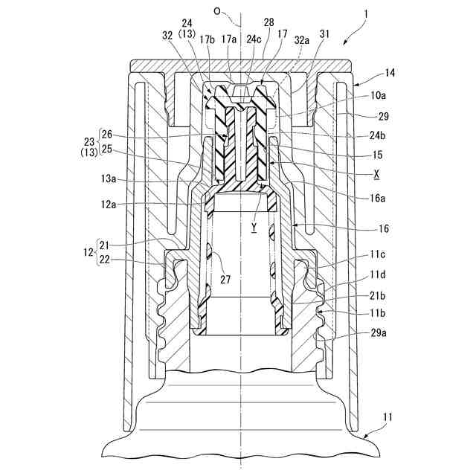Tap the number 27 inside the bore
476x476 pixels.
(224, 279)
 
